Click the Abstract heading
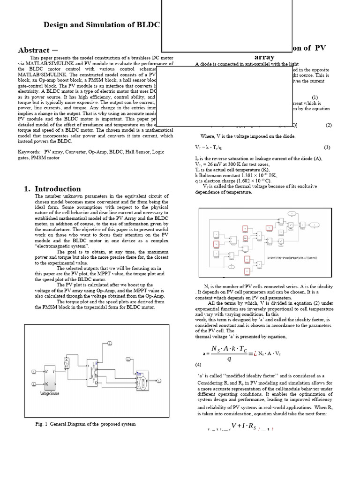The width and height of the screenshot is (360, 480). click(34, 50)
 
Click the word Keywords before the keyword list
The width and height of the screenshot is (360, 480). click(29, 152)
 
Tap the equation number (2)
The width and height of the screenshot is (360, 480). click(328, 125)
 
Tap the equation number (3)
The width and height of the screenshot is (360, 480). click(327, 147)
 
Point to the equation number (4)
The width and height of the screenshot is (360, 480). click(199, 364)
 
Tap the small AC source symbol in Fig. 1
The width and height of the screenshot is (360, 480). click(67, 362)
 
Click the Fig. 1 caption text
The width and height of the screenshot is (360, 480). click(85, 424)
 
